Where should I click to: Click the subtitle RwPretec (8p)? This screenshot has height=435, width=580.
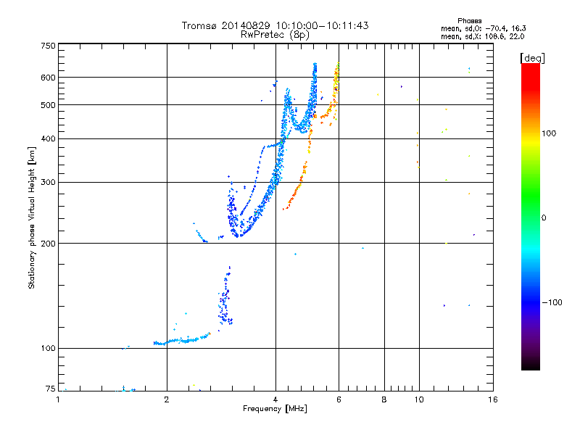(x=275, y=35)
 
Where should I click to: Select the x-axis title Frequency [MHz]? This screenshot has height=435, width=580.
(x=275, y=409)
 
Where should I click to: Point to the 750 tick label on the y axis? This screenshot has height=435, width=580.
(x=48, y=46)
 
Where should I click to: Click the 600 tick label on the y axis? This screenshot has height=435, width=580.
(x=48, y=78)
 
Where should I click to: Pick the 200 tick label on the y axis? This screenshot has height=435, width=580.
(x=48, y=244)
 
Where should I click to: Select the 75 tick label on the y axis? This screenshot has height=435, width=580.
(x=51, y=389)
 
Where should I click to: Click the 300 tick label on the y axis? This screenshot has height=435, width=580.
(x=48, y=183)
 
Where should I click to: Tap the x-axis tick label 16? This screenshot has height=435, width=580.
(x=493, y=399)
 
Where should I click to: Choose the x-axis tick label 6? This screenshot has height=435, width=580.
(x=339, y=399)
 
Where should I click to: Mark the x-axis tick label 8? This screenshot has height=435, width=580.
(x=384, y=399)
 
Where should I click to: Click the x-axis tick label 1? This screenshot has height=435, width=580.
(x=58, y=399)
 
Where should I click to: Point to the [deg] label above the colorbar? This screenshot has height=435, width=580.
(x=532, y=58)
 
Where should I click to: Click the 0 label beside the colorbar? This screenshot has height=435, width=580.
(x=544, y=218)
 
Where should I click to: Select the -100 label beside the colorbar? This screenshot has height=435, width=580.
(x=552, y=302)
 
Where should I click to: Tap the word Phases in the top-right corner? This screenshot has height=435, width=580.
(x=469, y=21)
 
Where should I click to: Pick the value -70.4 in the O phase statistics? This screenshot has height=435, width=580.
(x=497, y=28)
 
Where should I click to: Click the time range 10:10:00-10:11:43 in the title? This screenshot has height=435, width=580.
(x=322, y=25)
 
